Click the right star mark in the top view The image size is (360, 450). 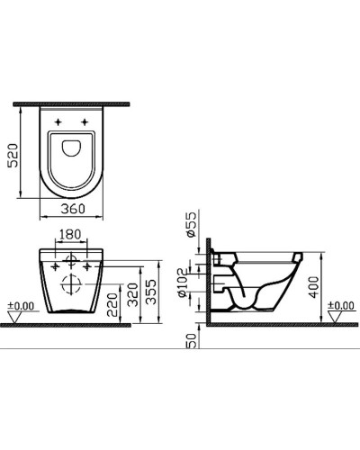pyautogui.click(x=86, y=121)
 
